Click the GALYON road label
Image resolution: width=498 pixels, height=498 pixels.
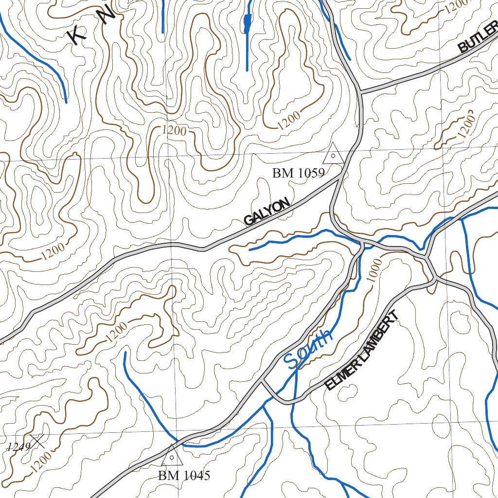267,212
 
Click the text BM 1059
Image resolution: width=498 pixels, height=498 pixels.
298,173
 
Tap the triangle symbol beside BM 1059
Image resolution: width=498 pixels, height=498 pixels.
334,154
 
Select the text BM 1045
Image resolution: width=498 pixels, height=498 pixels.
184,476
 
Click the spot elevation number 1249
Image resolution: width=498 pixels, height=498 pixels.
18,446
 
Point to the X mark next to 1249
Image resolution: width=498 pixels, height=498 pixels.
38,441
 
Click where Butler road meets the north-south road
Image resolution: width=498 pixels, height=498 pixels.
360,91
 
